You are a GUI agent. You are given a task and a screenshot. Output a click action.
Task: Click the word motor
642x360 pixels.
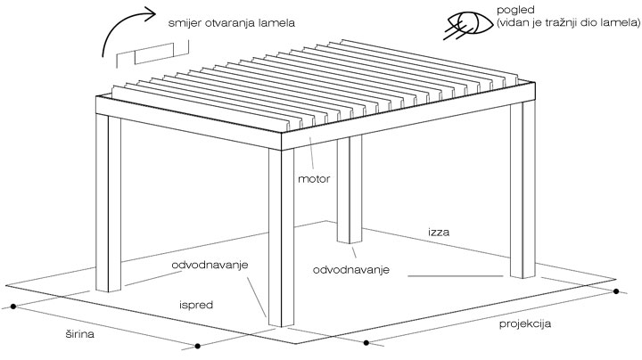314,179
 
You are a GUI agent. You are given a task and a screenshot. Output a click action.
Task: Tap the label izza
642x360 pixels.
439,233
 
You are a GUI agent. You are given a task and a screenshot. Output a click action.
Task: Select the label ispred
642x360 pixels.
196,305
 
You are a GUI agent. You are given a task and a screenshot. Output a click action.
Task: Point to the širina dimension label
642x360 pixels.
80,334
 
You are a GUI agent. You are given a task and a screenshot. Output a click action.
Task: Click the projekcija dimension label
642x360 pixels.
525,324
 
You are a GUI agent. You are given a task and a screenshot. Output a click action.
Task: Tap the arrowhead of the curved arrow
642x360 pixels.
151,13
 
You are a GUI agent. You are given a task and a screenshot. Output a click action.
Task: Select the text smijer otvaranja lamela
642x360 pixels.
231,23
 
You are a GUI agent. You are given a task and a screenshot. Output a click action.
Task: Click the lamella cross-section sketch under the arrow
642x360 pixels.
152,53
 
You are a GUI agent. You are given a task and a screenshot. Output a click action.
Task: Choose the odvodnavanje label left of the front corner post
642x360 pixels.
210,265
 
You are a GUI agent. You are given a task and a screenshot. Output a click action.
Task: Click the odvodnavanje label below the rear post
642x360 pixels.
351,270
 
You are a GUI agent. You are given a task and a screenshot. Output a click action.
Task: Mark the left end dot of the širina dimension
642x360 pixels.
13,306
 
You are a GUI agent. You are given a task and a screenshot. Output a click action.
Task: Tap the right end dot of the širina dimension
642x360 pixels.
197,346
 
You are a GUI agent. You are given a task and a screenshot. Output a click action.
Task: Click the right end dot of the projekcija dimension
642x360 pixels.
616,291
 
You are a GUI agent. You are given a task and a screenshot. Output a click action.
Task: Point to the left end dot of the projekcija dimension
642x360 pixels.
366,342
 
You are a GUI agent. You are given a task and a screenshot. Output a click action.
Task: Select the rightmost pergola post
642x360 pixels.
523,190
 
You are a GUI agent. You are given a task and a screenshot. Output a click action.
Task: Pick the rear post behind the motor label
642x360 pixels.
350,190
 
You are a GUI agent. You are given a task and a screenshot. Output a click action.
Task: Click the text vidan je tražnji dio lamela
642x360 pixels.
568,23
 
